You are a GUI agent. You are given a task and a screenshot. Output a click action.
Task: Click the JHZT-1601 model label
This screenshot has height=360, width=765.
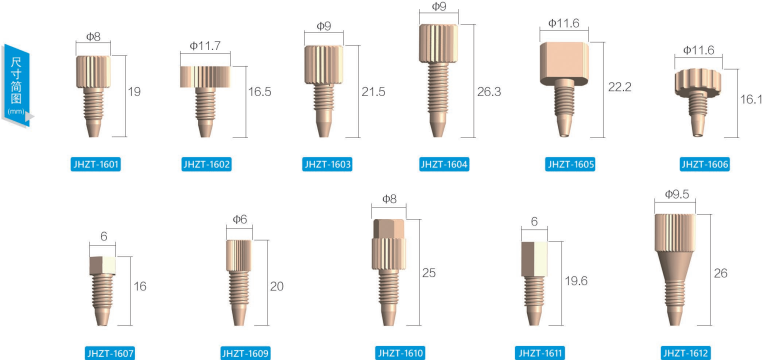pos(95,164)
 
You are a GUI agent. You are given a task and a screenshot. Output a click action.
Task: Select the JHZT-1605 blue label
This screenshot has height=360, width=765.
pos(570,164)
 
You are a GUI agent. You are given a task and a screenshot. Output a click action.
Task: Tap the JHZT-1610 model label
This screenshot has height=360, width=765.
pos(400,353)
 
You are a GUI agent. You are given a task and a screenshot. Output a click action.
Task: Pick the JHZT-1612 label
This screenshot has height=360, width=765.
pos(686,353)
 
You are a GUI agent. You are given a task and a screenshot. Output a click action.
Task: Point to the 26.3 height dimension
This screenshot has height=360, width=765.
pos(489,91)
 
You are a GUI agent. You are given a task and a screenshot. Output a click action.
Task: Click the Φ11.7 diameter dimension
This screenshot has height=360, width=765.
pos(205,46)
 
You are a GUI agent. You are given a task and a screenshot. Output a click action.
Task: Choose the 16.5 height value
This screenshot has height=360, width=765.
pos(259,91)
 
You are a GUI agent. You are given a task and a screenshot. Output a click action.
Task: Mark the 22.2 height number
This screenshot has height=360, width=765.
pos(620,87)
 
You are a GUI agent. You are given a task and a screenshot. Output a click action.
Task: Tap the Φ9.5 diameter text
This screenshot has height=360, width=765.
pos(677,194)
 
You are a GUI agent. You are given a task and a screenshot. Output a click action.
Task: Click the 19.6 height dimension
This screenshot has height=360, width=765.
pos(576,280)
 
